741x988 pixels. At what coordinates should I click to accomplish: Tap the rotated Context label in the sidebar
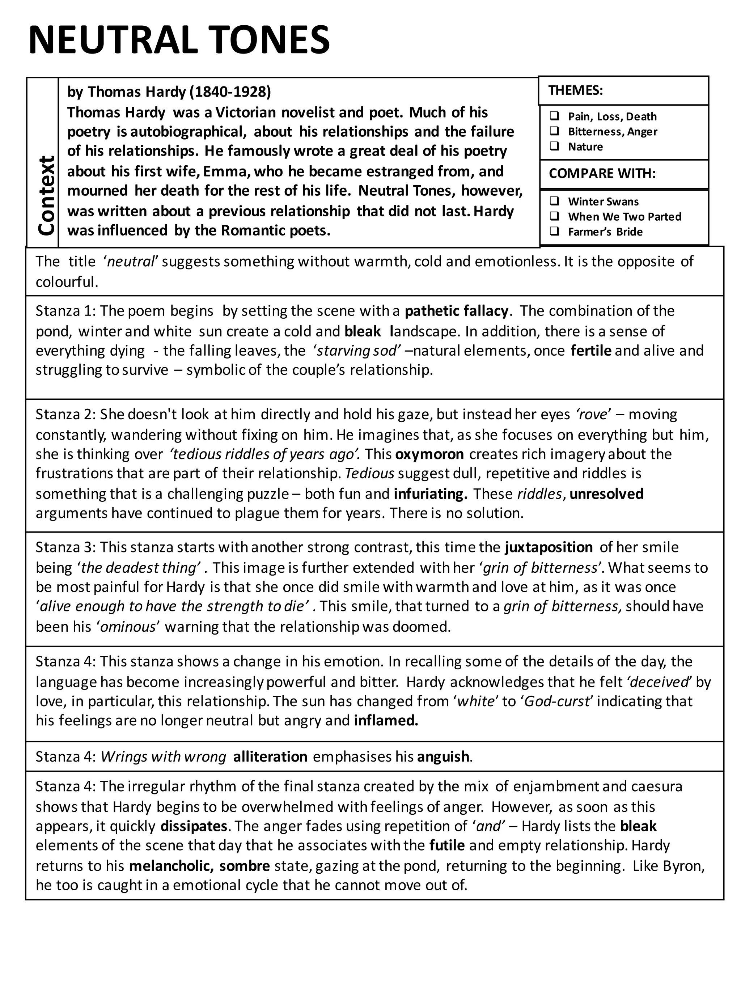pyautogui.click(x=46, y=195)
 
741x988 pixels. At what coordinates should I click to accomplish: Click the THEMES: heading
pyautogui.click(x=575, y=91)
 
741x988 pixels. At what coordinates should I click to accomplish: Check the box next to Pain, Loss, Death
pyautogui.click(x=554, y=116)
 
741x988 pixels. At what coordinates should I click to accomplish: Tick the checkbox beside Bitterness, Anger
pyautogui.click(x=554, y=131)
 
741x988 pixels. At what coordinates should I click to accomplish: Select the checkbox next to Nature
pyautogui.click(x=554, y=147)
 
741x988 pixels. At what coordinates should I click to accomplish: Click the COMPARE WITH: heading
pyautogui.click(x=602, y=174)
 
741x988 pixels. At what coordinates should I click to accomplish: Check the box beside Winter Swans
pyautogui.click(x=554, y=202)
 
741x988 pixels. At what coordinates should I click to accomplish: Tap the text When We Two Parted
pyautogui.click(x=624, y=217)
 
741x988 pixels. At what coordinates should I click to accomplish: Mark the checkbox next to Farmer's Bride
pyautogui.click(x=554, y=232)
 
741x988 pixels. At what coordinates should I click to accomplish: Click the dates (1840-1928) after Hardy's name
pyautogui.click(x=230, y=92)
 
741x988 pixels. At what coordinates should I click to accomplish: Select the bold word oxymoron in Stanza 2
pyautogui.click(x=429, y=454)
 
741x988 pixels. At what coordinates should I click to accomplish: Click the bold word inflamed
pyautogui.click(x=386, y=721)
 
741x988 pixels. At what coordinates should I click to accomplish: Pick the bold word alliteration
pyautogui.click(x=270, y=756)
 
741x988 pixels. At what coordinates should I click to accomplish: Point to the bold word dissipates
pyautogui.click(x=194, y=826)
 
